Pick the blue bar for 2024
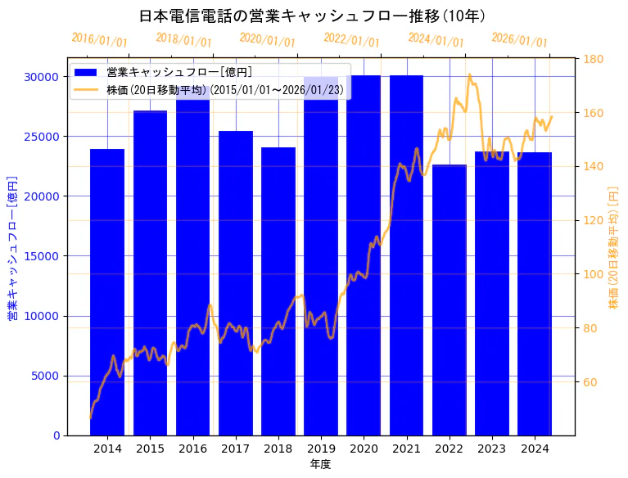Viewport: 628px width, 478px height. click(535, 294)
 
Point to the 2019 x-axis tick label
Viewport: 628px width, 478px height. click(321, 449)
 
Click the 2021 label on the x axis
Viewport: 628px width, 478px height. click(406, 449)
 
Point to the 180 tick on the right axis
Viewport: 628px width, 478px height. click(594, 59)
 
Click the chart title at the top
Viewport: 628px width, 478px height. click(313, 16)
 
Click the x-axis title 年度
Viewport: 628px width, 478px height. click(320, 464)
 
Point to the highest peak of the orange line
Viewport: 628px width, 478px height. click(469, 74)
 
